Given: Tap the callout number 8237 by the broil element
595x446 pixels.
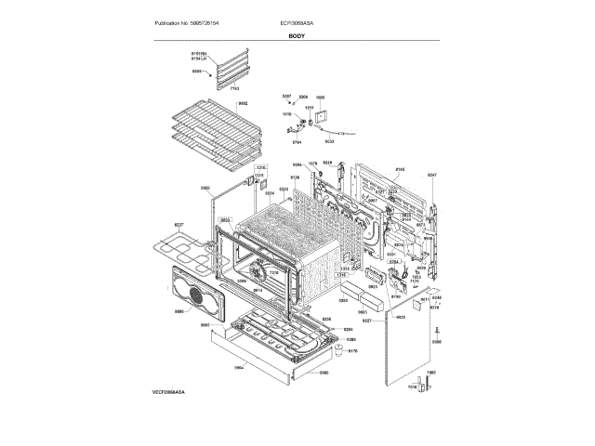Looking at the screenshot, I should tap(179, 225).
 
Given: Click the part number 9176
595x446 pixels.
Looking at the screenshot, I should tap(352, 350).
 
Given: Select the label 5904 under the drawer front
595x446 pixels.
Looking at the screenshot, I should tap(238, 368).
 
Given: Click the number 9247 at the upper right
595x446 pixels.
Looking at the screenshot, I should tap(431, 175).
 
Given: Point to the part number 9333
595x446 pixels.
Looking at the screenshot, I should tap(329, 141).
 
